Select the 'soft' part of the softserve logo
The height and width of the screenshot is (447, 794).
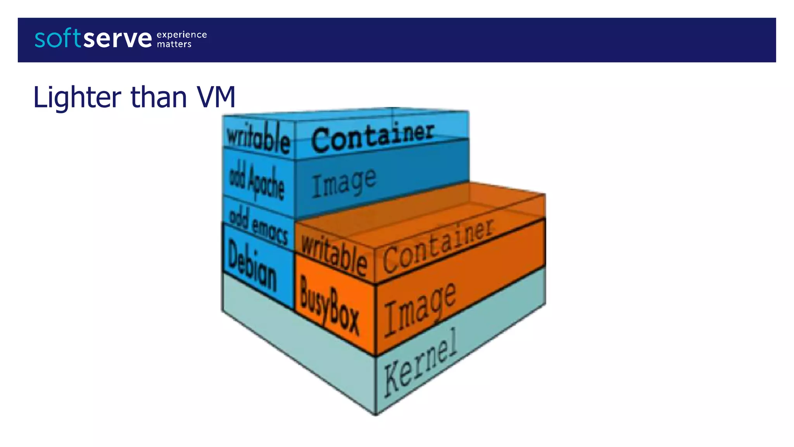pyautogui.click(x=58, y=38)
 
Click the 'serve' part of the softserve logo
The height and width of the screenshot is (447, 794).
pyautogui.click(x=117, y=39)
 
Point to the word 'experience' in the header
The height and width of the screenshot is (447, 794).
pyautogui.click(x=181, y=35)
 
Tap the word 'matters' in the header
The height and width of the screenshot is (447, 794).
pyautogui.click(x=174, y=44)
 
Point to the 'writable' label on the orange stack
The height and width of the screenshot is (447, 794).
pyautogui.click(x=334, y=256)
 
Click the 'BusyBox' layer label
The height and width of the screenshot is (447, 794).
pyautogui.click(x=330, y=305)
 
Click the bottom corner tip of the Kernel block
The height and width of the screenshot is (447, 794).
pyautogui.click(x=376, y=415)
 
